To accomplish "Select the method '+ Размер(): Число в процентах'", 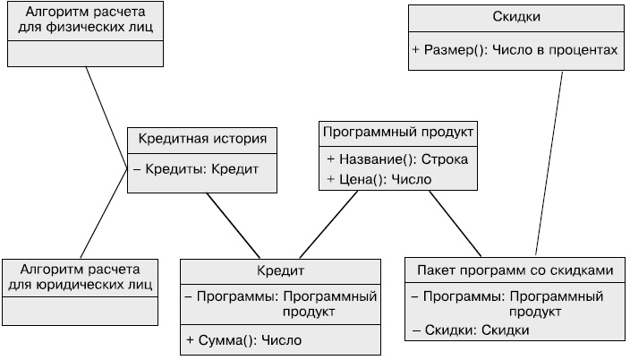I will (x=516, y=50).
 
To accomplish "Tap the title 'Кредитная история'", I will (x=202, y=140).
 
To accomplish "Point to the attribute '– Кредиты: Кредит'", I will (x=196, y=168).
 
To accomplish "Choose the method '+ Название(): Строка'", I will (x=397, y=159).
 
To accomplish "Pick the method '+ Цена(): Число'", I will (x=379, y=179).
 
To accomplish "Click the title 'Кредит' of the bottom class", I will (x=280, y=271).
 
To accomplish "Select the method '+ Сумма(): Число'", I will (x=244, y=340).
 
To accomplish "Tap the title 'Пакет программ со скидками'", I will (x=515, y=270).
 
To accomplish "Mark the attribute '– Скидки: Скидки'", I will (x=471, y=330).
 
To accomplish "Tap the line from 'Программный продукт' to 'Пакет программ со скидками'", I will (x=455, y=225).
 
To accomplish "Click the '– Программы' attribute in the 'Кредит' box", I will (x=280, y=304).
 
